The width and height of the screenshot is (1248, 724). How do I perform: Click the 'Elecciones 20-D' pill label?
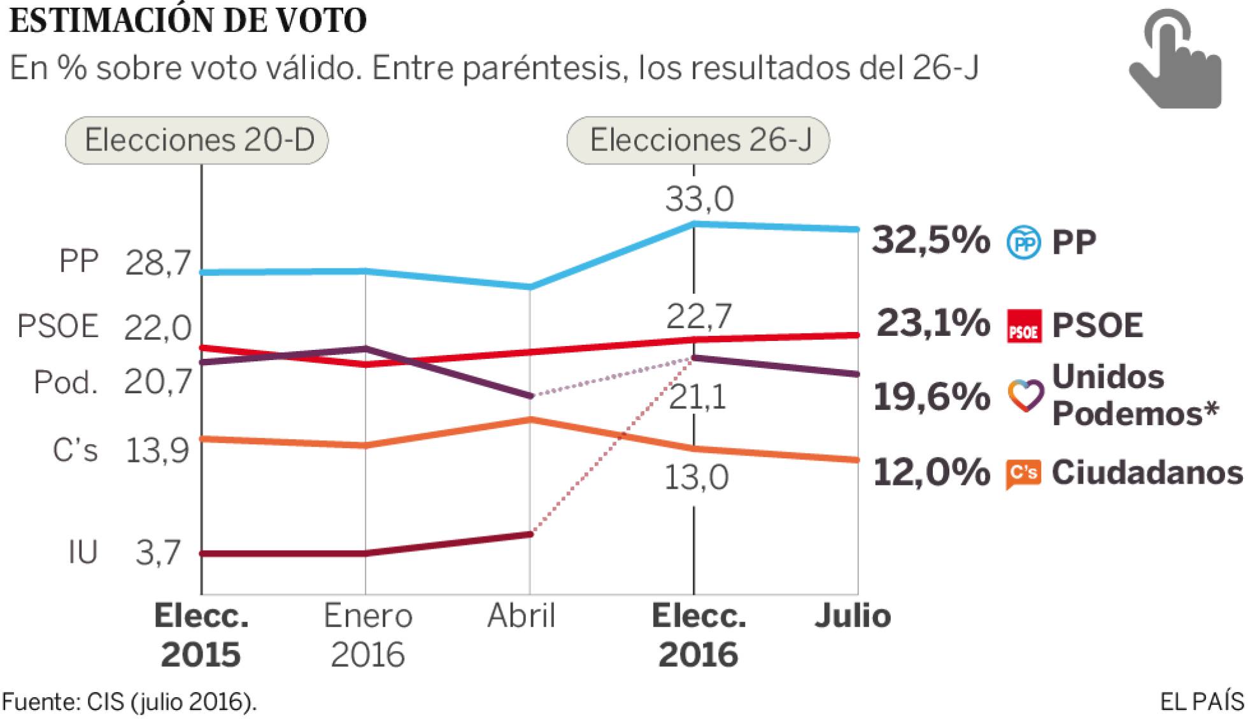(x=197, y=140)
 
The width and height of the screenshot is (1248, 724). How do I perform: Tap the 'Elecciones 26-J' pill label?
(x=698, y=140)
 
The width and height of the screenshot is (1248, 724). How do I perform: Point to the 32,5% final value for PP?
(x=931, y=241)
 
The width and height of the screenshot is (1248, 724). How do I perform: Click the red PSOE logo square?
(x=1024, y=326)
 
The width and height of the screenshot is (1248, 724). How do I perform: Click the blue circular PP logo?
(x=1024, y=242)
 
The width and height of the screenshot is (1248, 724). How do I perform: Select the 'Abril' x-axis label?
(x=521, y=616)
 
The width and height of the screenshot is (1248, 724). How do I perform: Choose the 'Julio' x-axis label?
(x=853, y=616)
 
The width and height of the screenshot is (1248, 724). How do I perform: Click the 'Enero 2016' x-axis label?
(x=367, y=635)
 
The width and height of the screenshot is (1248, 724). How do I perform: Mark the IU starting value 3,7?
(x=158, y=553)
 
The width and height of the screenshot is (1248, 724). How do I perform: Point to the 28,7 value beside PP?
(x=158, y=263)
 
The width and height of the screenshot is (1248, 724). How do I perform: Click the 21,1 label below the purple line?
(x=697, y=398)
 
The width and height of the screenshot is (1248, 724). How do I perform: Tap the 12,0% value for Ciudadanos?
(x=931, y=473)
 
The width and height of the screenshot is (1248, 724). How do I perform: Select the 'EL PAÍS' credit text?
(x=1201, y=702)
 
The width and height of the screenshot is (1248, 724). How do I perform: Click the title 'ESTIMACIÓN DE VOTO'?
(x=188, y=20)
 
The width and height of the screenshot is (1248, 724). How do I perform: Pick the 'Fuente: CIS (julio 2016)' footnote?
(x=129, y=702)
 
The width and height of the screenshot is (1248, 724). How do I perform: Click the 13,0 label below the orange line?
(x=696, y=478)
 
